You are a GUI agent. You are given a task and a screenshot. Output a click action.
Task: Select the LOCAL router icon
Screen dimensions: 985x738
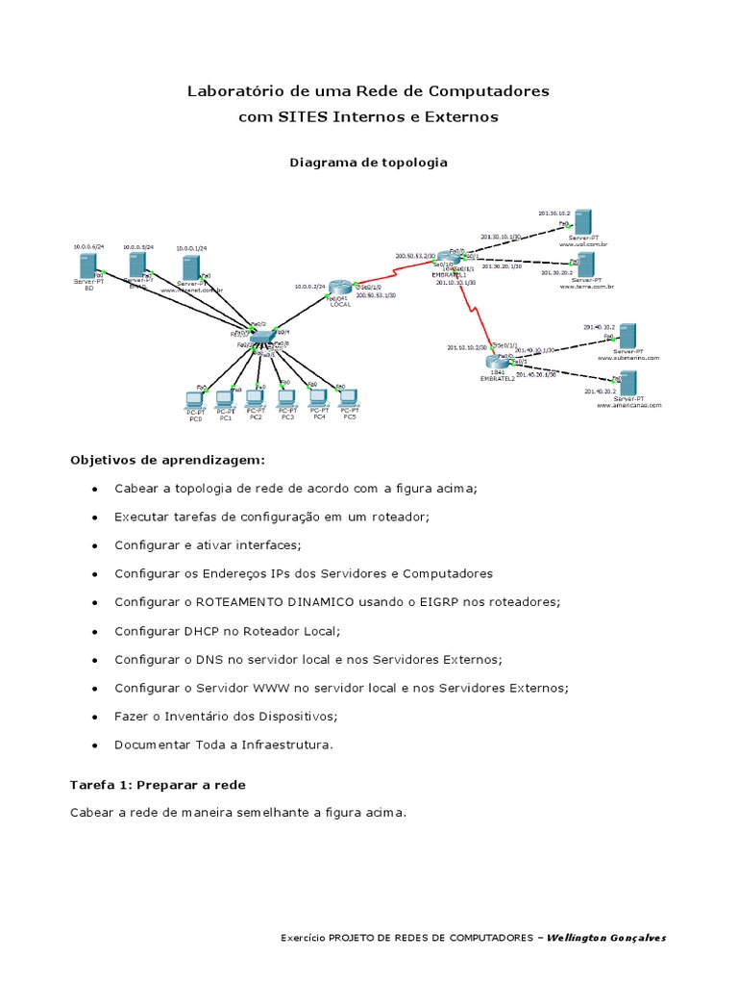(x=339, y=287)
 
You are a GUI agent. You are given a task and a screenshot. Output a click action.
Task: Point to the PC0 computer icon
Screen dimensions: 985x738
(x=195, y=399)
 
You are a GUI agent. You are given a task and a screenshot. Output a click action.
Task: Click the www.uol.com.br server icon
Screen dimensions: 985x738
(x=582, y=220)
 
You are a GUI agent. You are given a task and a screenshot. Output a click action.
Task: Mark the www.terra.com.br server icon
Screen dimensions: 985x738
(x=582, y=264)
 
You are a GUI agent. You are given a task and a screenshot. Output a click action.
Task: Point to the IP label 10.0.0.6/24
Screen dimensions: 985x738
(x=88, y=247)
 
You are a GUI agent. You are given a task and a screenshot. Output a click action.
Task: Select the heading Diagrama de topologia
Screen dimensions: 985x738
(x=368, y=163)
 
